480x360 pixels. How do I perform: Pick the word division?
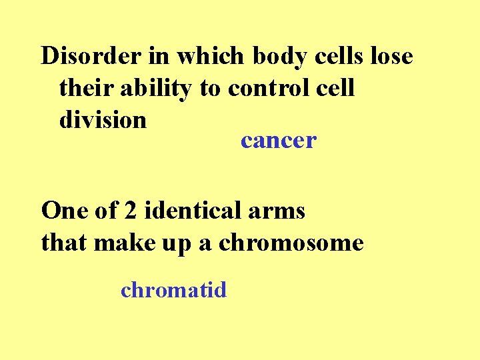[x=103, y=120]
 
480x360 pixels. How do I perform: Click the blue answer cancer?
[x=279, y=141]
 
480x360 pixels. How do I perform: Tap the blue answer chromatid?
[x=173, y=290]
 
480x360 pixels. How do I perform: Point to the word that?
[x=65, y=243]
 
